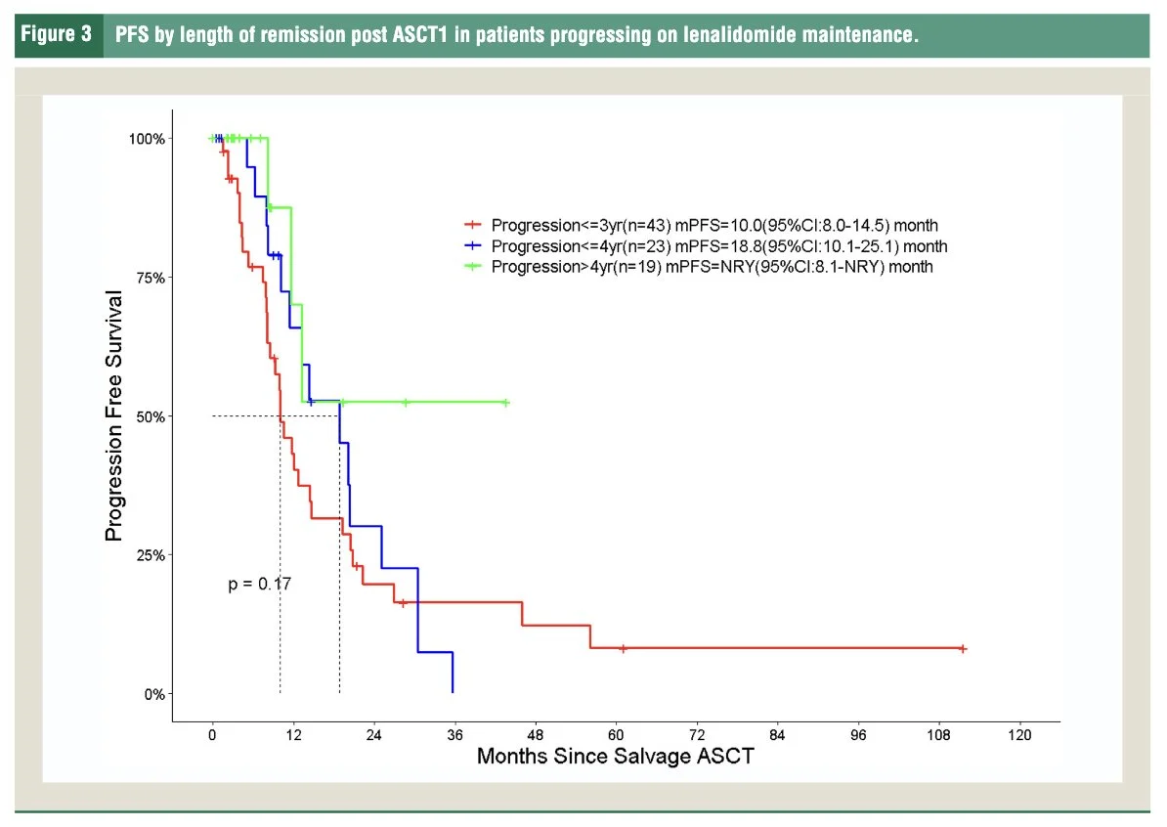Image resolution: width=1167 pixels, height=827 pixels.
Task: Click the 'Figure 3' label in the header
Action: (x=58, y=35)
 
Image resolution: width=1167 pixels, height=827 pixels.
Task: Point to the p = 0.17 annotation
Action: (x=259, y=584)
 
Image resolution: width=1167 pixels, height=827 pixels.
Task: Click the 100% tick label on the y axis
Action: (x=149, y=138)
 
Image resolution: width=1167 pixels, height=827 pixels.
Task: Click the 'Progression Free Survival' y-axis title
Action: (x=114, y=415)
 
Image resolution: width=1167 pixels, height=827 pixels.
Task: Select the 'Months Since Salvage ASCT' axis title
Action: (x=615, y=757)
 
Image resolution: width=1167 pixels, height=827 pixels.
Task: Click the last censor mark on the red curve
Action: (x=963, y=648)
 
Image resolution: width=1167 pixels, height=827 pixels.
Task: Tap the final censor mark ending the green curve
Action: (x=505, y=402)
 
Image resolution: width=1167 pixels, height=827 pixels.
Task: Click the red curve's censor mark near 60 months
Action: (x=623, y=648)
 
